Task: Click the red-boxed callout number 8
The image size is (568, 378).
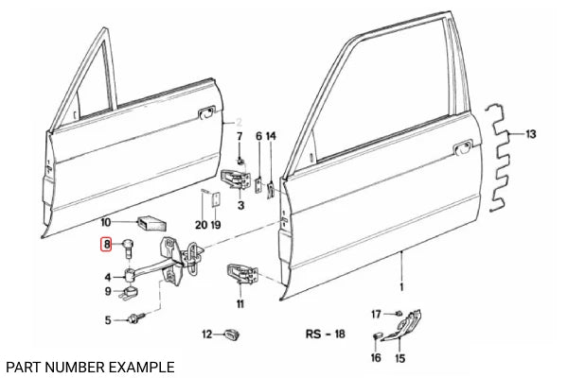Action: click(x=108, y=245)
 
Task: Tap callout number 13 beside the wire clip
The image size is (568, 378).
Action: click(x=531, y=135)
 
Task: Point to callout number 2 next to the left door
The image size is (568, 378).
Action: click(x=240, y=122)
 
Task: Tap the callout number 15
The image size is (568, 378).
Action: click(x=399, y=358)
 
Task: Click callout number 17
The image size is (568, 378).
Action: click(x=376, y=313)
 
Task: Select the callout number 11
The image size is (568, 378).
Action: click(x=240, y=303)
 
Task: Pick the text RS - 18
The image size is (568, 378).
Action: click(x=325, y=334)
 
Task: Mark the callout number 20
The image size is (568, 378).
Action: click(x=200, y=224)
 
